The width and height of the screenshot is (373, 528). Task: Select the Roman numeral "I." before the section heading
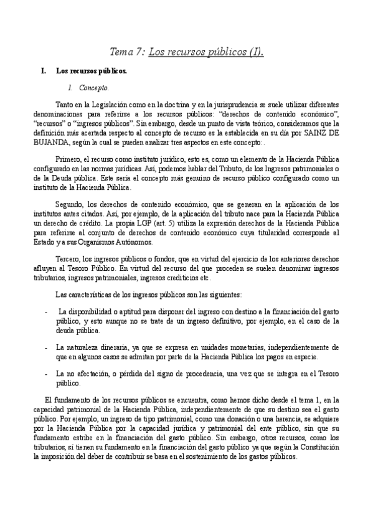[44, 72]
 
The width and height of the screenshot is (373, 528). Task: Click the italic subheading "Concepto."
[94, 88]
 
